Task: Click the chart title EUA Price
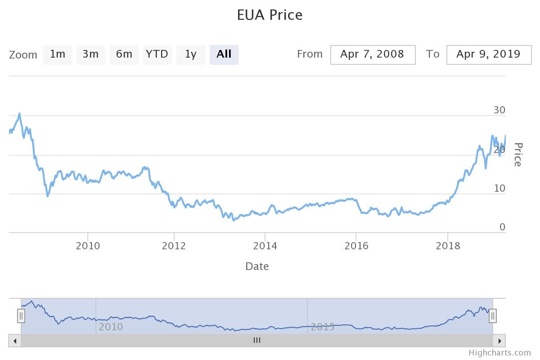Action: pos(270,15)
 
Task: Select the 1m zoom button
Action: pos(58,54)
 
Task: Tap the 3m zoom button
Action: pos(90,54)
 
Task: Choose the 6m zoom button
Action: pos(124,54)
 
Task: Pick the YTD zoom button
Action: pos(157,54)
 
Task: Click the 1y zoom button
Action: pos(190,54)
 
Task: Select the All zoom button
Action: pos(224,54)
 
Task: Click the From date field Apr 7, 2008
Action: pos(373,54)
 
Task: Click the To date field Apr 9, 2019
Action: pos(489,54)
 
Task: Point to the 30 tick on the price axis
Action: pos(499,110)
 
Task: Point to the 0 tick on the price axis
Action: pos(503,227)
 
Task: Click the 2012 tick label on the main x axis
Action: pos(174,246)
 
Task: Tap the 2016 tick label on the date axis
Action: pos(356,246)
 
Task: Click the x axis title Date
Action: pos(257,266)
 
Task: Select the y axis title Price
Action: pos(518,154)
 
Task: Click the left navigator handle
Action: pos(21,316)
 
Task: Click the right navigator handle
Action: pos(493,316)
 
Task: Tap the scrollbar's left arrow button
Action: pos(15,341)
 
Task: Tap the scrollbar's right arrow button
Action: pos(499,341)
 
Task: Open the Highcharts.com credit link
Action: pos(499,353)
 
